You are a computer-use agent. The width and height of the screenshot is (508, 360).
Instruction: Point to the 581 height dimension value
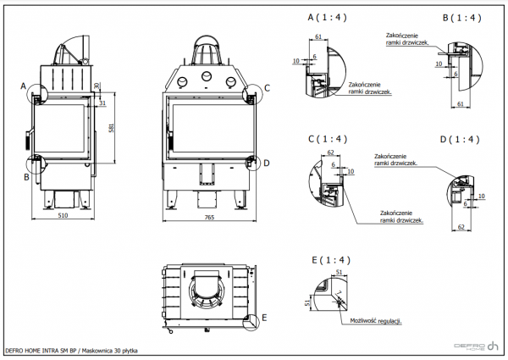pyautogui.click(x=113, y=128)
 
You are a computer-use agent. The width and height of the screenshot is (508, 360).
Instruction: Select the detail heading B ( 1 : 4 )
pyautogui.click(x=461, y=17)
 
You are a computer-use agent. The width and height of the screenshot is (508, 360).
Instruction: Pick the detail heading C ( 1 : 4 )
pyautogui.click(x=327, y=139)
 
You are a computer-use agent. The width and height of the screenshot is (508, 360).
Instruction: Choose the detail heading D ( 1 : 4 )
pyautogui.click(x=461, y=139)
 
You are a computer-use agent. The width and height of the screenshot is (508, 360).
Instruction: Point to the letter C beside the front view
pyautogui.click(x=267, y=87)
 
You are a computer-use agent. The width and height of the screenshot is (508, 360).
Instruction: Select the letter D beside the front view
pyautogui.click(x=267, y=163)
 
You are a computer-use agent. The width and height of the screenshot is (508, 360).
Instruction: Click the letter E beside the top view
pyautogui.click(x=264, y=318)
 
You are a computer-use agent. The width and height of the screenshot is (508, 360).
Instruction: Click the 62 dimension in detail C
pyautogui.click(x=331, y=152)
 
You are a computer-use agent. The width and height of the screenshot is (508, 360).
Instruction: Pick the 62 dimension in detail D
pyautogui.click(x=462, y=227)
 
